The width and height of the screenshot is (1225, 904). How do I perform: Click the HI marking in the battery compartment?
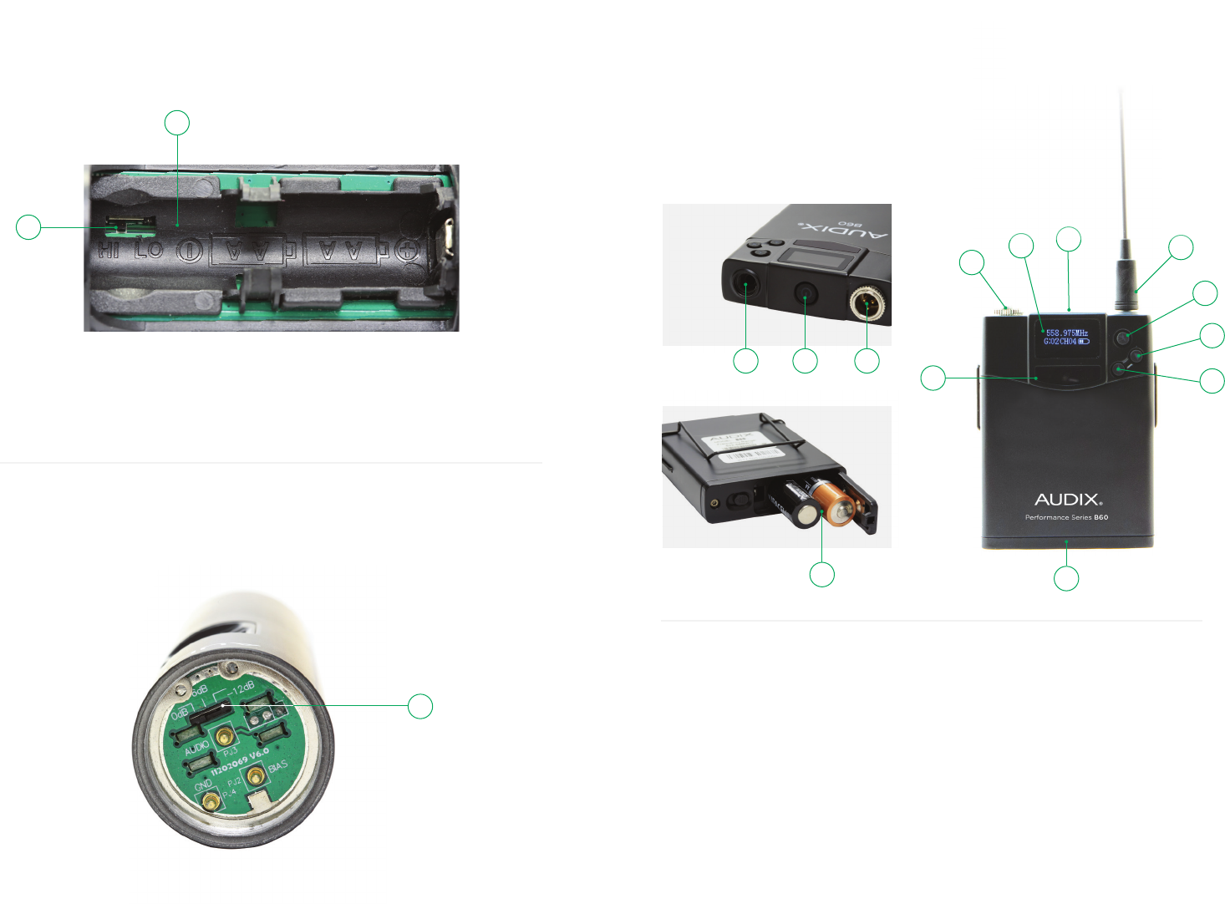109,250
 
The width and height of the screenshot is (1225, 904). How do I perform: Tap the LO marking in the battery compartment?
150,250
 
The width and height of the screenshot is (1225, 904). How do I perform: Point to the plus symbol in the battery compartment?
407,251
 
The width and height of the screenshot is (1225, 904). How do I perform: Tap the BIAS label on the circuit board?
277,766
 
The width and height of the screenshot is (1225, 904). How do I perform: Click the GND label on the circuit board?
203,785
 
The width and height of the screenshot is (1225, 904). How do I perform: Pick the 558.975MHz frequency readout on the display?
1067,333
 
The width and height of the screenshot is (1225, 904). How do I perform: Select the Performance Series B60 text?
1067,517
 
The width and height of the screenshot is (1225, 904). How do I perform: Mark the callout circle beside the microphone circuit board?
420,706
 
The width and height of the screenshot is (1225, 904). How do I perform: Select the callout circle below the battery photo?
822,575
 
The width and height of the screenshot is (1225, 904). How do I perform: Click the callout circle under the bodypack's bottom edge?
1066,579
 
